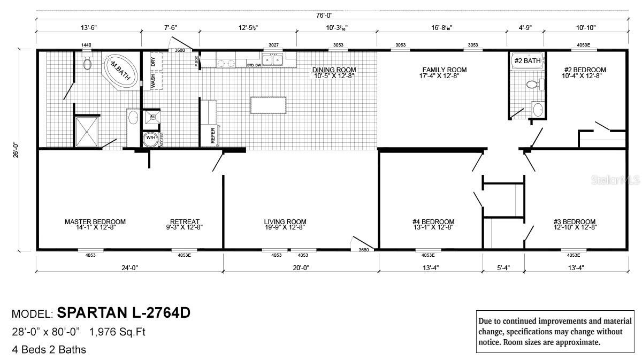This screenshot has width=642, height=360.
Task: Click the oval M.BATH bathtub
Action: pos(120,70)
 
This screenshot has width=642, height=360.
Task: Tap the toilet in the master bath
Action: pos(88,64)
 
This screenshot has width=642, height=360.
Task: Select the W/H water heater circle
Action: pos(150,137)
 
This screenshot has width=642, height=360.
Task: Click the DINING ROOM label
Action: pos(334,70)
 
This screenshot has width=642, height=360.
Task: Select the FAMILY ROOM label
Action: pos(444,70)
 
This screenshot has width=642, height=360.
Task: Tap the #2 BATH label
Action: pos(527,61)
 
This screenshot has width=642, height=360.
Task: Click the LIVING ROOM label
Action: pos(285,221)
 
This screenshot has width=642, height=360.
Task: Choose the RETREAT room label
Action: pos(185,221)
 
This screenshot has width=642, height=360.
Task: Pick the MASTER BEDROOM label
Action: pos(95,221)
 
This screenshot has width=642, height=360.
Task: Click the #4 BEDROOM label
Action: pos(433,221)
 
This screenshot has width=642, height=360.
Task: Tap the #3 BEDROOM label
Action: pos(575,221)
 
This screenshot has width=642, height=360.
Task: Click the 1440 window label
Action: pos(86,45)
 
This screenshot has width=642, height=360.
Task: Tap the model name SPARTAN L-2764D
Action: pos(123,313)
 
